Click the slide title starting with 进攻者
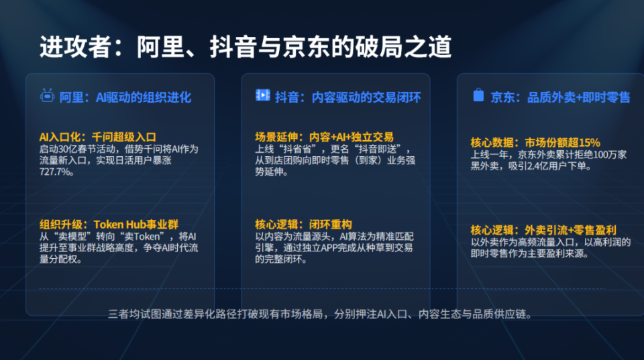245,48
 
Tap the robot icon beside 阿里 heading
47,97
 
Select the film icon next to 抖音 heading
262,96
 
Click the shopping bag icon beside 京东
478,96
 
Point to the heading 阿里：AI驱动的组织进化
125,97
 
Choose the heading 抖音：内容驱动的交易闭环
347,97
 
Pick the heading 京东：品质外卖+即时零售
559,97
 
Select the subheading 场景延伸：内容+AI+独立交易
324,137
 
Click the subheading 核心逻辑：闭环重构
304,224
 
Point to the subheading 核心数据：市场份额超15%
535,142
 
